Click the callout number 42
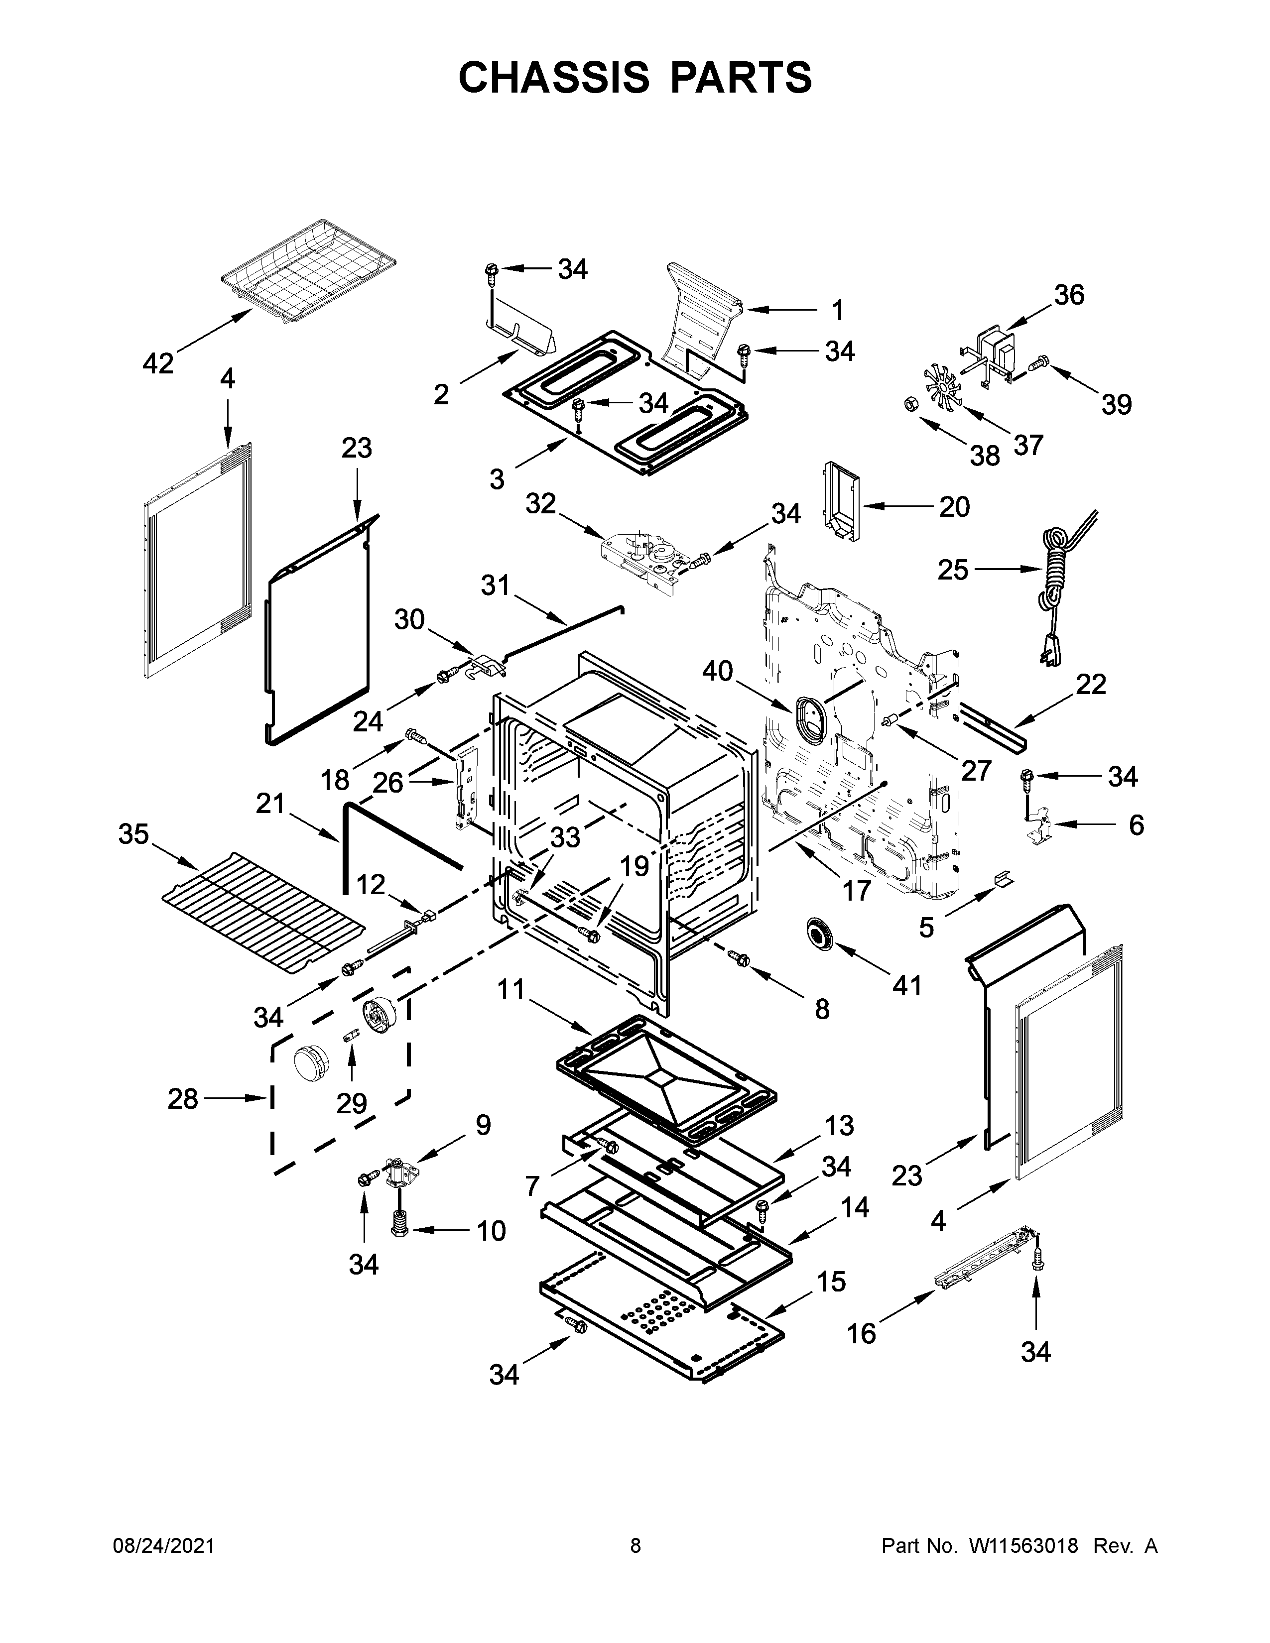point(158,363)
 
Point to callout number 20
point(954,506)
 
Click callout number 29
point(351,1104)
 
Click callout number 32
point(540,503)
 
